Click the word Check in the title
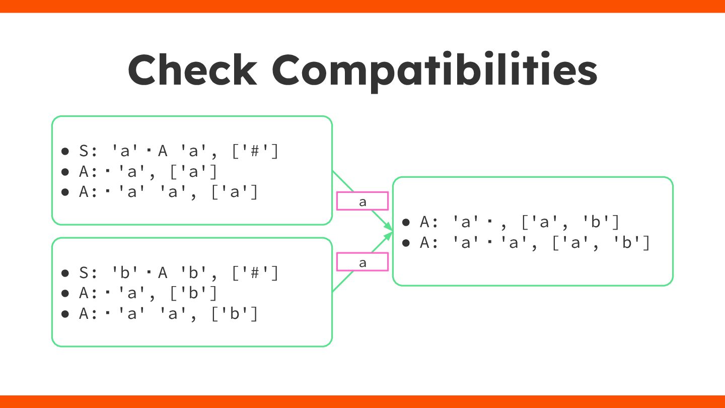click(x=192, y=70)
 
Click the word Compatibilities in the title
click(x=434, y=70)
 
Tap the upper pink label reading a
click(x=362, y=201)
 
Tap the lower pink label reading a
click(x=362, y=262)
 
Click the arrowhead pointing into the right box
click(x=389, y=231)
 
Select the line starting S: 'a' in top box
click(x=178, y=152)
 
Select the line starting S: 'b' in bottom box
click(x=178, y=273)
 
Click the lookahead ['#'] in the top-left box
click(x=255, y=152)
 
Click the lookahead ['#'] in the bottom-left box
click(x=255, y=273)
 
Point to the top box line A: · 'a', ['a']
click(x=149, y=172)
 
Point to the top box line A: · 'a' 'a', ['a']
click(x=169, y=192)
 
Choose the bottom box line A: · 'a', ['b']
click(x=149, y=293)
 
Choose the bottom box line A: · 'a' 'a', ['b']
click(x=169, y=314)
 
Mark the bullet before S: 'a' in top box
click(x=65, y=152)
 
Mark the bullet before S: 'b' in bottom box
click(x=65, y=273)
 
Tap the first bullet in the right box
click(x=406, y=222)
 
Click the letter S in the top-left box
click(x=84, y=152)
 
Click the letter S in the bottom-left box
click(x=84, y=273)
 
